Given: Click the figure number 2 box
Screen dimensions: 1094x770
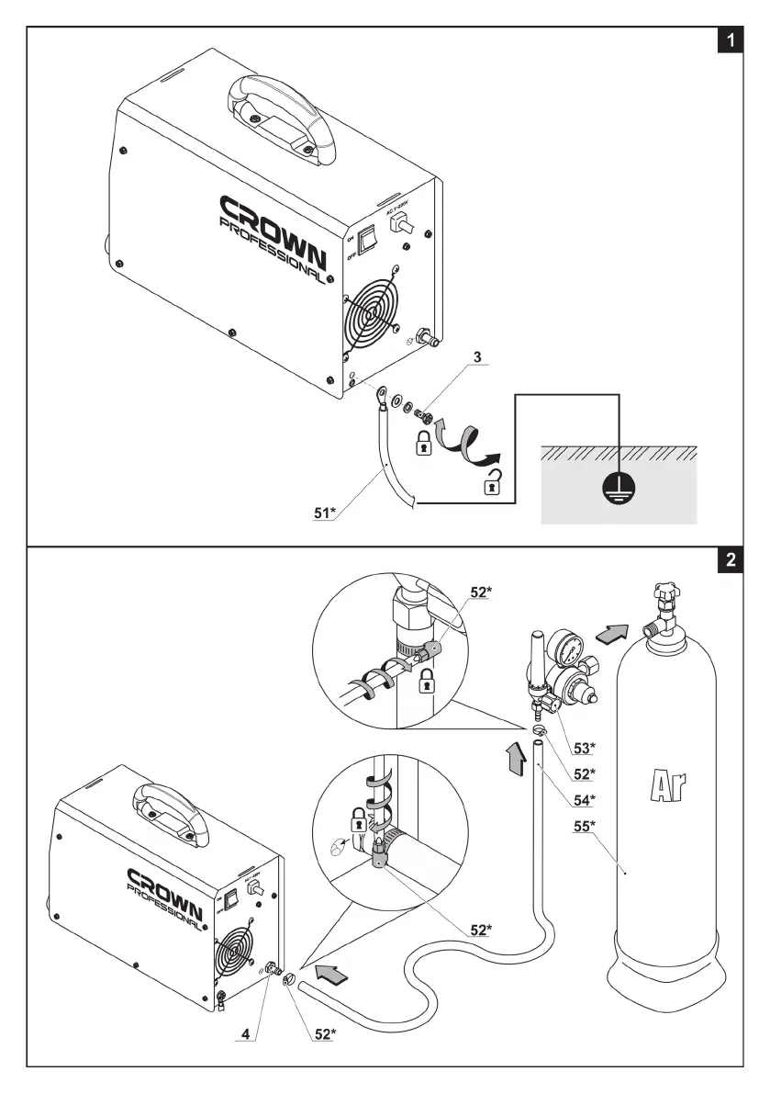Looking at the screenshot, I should click(730, 560).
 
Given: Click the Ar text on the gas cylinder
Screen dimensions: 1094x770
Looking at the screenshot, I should click(668, 787).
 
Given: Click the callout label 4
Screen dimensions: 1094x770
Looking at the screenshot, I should click(245, 1033).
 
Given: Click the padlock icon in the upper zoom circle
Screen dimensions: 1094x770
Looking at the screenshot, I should click(425, 681).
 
